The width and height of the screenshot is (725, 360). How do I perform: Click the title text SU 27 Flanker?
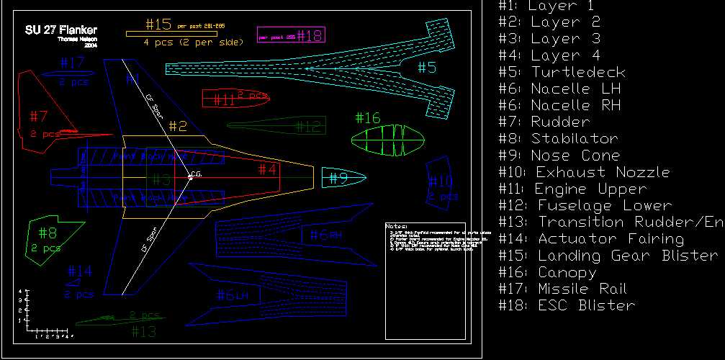[60, 30]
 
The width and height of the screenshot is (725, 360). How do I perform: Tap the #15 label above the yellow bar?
[158, 24]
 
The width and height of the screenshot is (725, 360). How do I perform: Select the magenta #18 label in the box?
[310, 35]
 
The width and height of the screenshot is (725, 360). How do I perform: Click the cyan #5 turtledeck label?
[427, 68]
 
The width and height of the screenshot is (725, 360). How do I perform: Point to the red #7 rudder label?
[38, 116]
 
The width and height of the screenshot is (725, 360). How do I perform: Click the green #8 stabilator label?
[48, 233]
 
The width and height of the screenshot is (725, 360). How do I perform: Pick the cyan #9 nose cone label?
[339, 178]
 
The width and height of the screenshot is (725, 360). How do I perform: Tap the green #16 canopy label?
[367, 118]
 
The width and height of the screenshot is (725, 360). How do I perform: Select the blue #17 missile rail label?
[73, 63]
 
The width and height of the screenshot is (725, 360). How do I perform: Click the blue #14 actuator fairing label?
[80, 271]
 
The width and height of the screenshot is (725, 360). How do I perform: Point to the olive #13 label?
[143, 331]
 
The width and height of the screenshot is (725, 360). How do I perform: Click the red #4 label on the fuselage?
[267, 170]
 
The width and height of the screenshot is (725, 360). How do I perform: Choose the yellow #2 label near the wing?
[177, 127]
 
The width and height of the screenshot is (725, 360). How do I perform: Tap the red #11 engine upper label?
[225, 101]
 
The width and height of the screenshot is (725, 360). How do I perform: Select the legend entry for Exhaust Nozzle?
[584, 172]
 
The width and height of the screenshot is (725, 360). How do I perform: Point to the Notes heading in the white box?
[397, 226]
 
